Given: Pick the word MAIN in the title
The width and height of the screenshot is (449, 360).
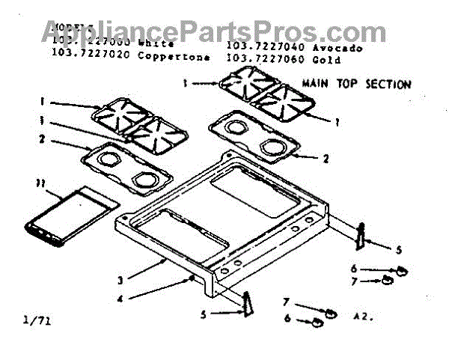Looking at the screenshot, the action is pyautogui.click(x=315, y=85).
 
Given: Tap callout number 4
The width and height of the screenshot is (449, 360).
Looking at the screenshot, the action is pyautogui.click(x=122, y=299).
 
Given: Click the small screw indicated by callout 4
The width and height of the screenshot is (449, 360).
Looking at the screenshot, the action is pyautogui.click(x=192, y=278).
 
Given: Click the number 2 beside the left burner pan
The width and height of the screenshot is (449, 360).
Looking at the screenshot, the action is pyautogui.click(x=43, y=138).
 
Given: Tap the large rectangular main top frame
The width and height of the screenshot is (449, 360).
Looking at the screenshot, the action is pyautogui.click(x=224, y=217).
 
